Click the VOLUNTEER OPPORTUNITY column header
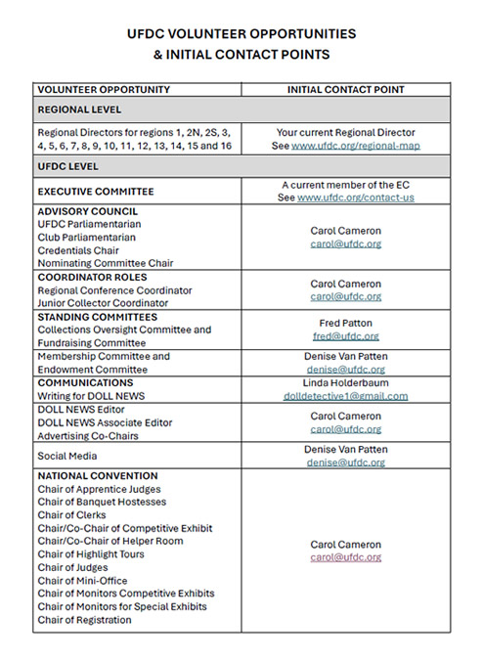(104, 90)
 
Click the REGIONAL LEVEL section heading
(79, 110)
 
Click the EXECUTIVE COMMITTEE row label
(96, 192)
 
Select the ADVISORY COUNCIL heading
(87, 211)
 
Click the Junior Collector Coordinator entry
(103, 303)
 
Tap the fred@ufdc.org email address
(345, 335)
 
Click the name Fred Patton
(345, 323)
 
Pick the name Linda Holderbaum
(345, 383)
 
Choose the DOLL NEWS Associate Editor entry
(105, 422)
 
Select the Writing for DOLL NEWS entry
(91, 396)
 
